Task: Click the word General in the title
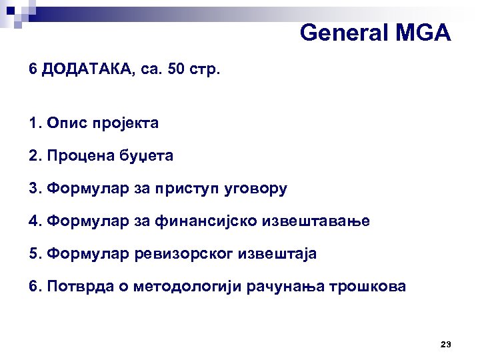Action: tap(341, 32)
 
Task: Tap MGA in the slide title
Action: tap(422, 32)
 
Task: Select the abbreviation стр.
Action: tap(204, 70)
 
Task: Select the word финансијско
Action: tap(212, 221)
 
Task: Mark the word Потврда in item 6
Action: tap(75, 287)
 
